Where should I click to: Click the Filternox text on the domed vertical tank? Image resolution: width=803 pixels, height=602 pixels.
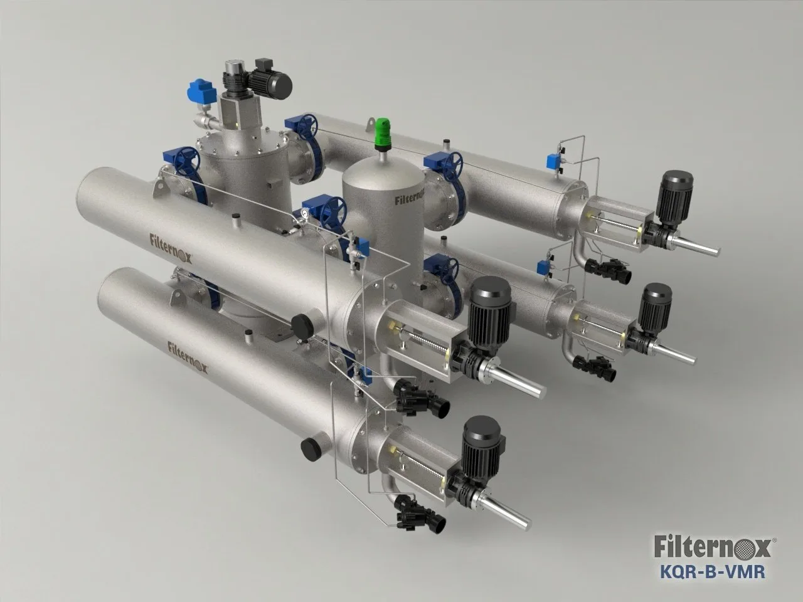410,199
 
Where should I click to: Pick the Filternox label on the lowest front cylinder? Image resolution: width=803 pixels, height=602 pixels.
188,358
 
